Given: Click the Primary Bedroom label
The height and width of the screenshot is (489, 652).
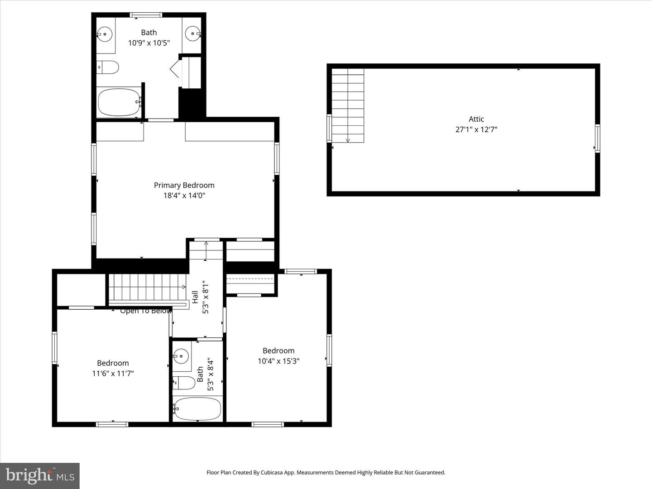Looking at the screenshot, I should pyautogui.click(x=184, y=185).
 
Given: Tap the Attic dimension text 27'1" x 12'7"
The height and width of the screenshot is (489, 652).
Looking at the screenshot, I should pyautogui.click(x=476, y=129).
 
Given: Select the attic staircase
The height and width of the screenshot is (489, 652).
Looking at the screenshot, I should pyautogui.click(x=348, y=105).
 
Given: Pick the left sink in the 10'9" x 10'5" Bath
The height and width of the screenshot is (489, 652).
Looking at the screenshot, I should pyautogui.click(x=105, y=34).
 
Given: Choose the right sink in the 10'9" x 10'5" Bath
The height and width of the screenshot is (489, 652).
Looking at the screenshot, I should pyautogui.click(x=192, y=34).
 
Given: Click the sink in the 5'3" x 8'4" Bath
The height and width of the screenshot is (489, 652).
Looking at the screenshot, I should pyautogui.click(x=181, y=356).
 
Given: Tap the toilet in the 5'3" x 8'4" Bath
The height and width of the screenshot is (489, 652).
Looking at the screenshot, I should pyautogui.click(x=183, y=383).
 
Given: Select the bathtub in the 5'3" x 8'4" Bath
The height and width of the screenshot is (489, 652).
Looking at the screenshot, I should pyautogui.click(x=197, y=409).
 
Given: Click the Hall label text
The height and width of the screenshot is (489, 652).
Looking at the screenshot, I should pyautogui.click(x=195, y=297).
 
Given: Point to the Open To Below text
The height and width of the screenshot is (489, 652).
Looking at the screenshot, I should pyautogui.click(x=146, y=311).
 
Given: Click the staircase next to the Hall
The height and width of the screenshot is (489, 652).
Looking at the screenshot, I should pyautogui.click(x=148, y=287).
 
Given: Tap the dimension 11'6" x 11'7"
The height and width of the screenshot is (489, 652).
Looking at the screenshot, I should pyautogui.click(x=113, y=374).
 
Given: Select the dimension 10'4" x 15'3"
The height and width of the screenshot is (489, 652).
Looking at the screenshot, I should pyautogui.click(x=278, y=361).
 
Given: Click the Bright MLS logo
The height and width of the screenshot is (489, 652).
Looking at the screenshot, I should pyautogui.click(x=40, y=475).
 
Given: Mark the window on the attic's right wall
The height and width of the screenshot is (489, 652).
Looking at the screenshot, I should pyautogui.click(x=597, y=139).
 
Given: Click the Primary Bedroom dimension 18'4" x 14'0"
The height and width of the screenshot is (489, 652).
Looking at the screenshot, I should pyautogui.click(x=184, y=196).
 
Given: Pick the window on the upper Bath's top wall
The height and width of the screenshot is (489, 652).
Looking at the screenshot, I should pyautogui.click(x=146, y=15).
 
